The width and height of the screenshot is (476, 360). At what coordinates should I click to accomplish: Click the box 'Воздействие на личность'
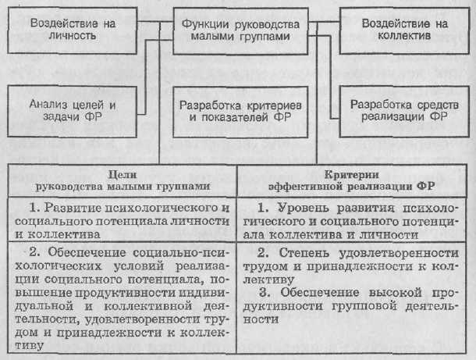click(69, 30)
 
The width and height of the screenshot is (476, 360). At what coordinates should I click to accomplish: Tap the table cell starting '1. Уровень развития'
click(355, 220)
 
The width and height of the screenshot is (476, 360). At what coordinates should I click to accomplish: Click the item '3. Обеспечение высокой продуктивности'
click(355, 305)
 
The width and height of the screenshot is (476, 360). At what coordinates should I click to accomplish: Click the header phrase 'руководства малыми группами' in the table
click(121, 187)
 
